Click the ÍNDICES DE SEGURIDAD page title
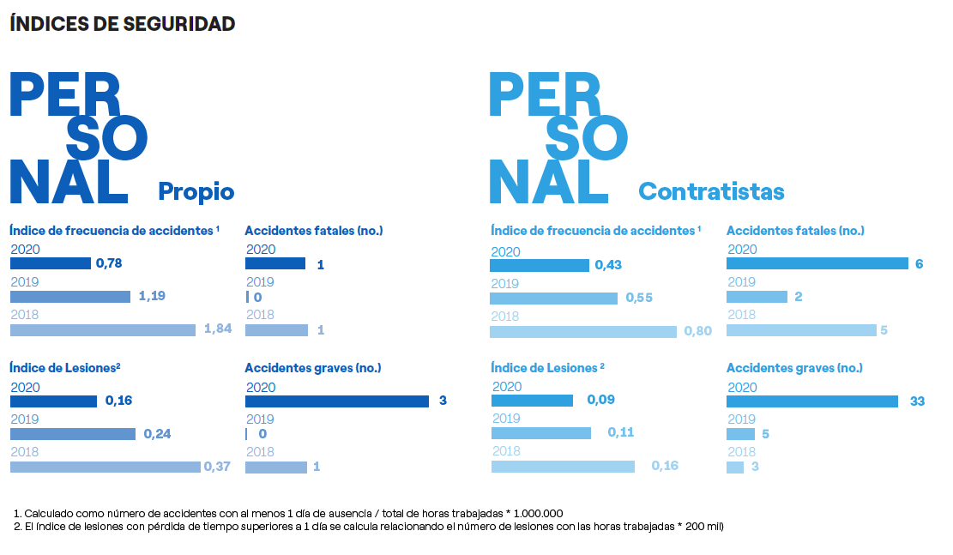point(122,24)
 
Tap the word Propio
point(196,190)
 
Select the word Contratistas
point(711,190)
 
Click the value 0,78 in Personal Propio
point(109,263)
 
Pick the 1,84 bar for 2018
point(103,329)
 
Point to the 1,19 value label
point(152,296)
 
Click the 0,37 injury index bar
point(106,467)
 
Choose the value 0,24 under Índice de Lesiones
point(157,434)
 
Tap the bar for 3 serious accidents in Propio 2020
point(336,401)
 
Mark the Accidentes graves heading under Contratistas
point(794,368)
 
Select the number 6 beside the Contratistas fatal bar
point(919,263)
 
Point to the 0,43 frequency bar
point(540,265)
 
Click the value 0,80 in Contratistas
point(697,331)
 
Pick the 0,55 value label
point(639,298)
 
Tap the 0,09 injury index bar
point(532,401)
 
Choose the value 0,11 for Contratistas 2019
point(620,432)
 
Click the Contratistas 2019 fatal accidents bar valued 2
point(757,297)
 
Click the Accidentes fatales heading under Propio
point(313,230)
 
